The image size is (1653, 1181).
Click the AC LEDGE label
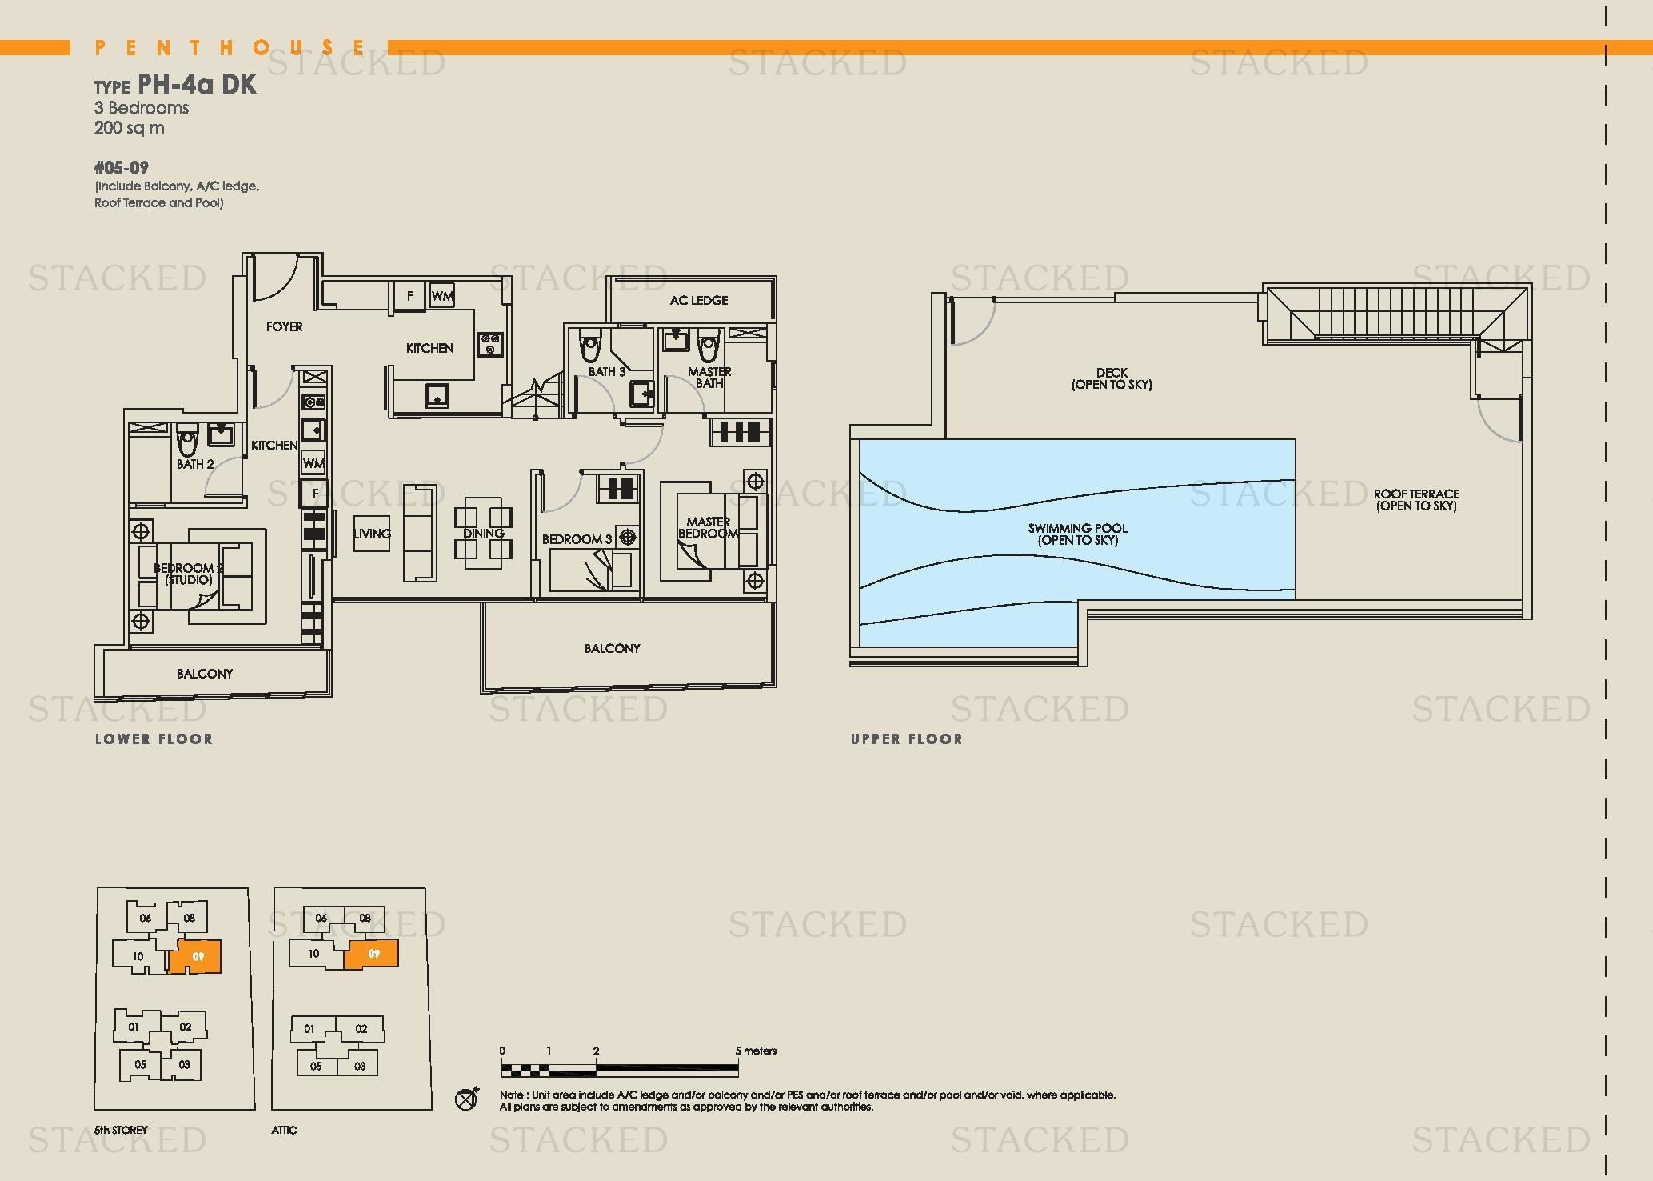coord(699,300)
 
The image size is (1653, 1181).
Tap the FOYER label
coord(284,326)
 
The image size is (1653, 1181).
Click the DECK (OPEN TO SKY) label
coord(1112,378)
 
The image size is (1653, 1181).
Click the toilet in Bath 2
coord(187,441)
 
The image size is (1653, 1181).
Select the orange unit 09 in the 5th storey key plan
coord(195,956)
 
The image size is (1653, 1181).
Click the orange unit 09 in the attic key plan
coord(371,954)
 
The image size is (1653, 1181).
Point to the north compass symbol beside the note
coord(467,1099)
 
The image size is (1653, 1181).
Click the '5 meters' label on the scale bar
coord(757,1051)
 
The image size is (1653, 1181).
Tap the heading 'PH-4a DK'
coord(197,84)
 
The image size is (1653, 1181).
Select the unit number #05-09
coord(121,168)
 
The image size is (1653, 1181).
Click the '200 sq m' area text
coord(129,128)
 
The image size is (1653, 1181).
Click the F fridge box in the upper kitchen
coord(410,296)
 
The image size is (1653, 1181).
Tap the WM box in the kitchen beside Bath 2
coord(313,463)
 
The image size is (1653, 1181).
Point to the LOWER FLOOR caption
coord(154,739)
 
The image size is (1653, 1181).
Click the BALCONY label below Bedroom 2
coord(205,674)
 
